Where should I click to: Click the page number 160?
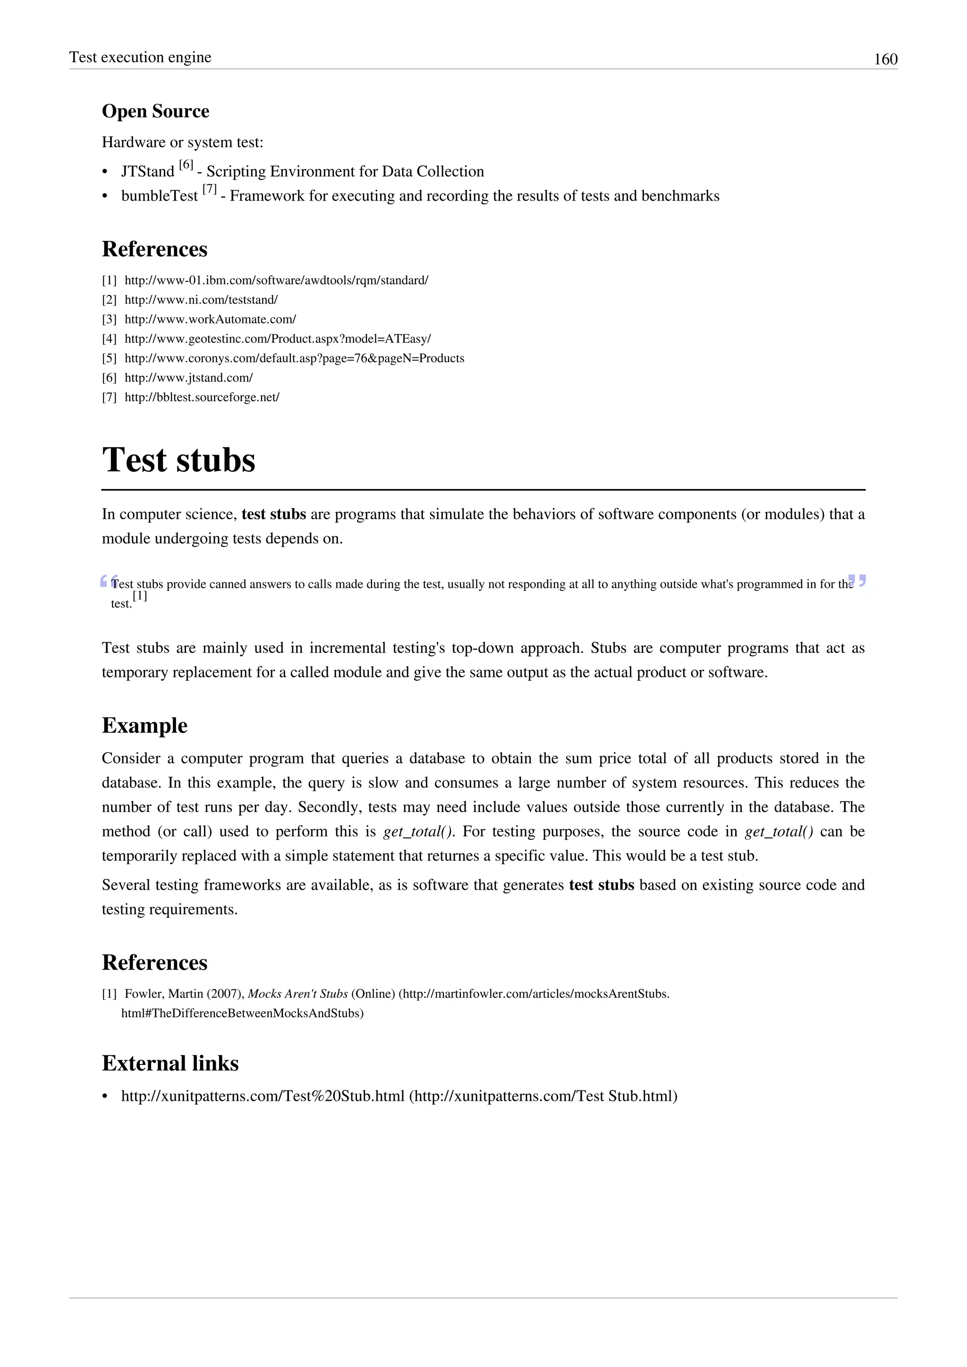pos(885,59)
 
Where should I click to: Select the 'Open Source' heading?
pos(155,111)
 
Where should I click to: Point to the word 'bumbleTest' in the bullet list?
pos(159,196)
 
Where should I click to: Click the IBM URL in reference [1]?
pos(276,280)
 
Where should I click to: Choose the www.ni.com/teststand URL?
pos(201,300)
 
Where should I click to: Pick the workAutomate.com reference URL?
pos(210,320)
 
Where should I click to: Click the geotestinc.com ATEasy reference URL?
pos(278,339)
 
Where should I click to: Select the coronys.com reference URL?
pos(294,358)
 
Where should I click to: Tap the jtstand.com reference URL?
pos(189,378)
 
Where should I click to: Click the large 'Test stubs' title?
pos(178,460)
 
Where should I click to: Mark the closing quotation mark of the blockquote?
pos(857,581)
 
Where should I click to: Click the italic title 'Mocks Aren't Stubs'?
pos(298,994)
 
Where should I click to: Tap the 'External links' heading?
pos(170,1063)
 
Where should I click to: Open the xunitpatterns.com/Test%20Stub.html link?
pos(263,1096)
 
